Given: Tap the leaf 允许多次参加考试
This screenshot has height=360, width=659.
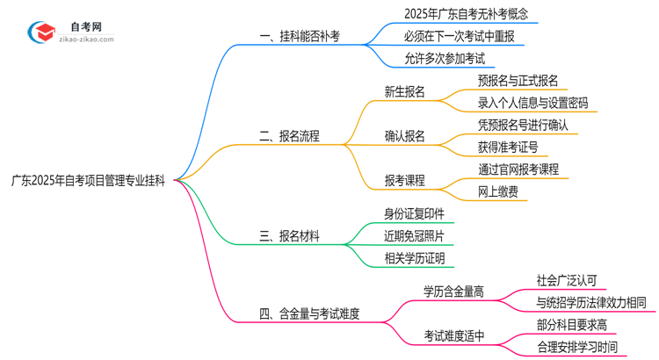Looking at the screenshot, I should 432,59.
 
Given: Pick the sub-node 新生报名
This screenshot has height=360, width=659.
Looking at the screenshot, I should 404,91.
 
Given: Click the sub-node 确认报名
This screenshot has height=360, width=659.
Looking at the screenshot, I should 404,136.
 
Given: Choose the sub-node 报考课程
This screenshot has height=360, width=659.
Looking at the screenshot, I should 404,180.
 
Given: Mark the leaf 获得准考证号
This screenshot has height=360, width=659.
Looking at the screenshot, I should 508,147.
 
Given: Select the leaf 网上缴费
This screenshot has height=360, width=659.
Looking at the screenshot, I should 496,191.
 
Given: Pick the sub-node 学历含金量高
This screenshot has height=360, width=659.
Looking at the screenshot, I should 453,292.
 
